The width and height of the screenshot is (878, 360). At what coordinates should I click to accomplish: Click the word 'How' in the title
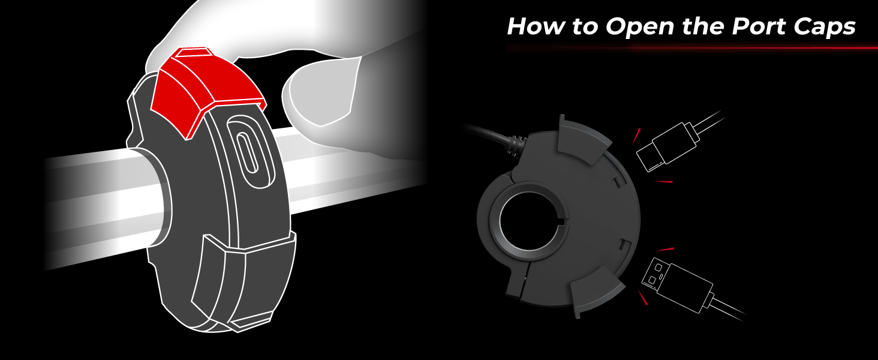(x=536, y=26)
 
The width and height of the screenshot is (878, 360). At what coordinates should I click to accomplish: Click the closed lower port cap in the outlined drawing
(x=243, y=275)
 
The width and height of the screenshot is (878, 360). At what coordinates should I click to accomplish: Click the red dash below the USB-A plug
(x=642, y=297)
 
